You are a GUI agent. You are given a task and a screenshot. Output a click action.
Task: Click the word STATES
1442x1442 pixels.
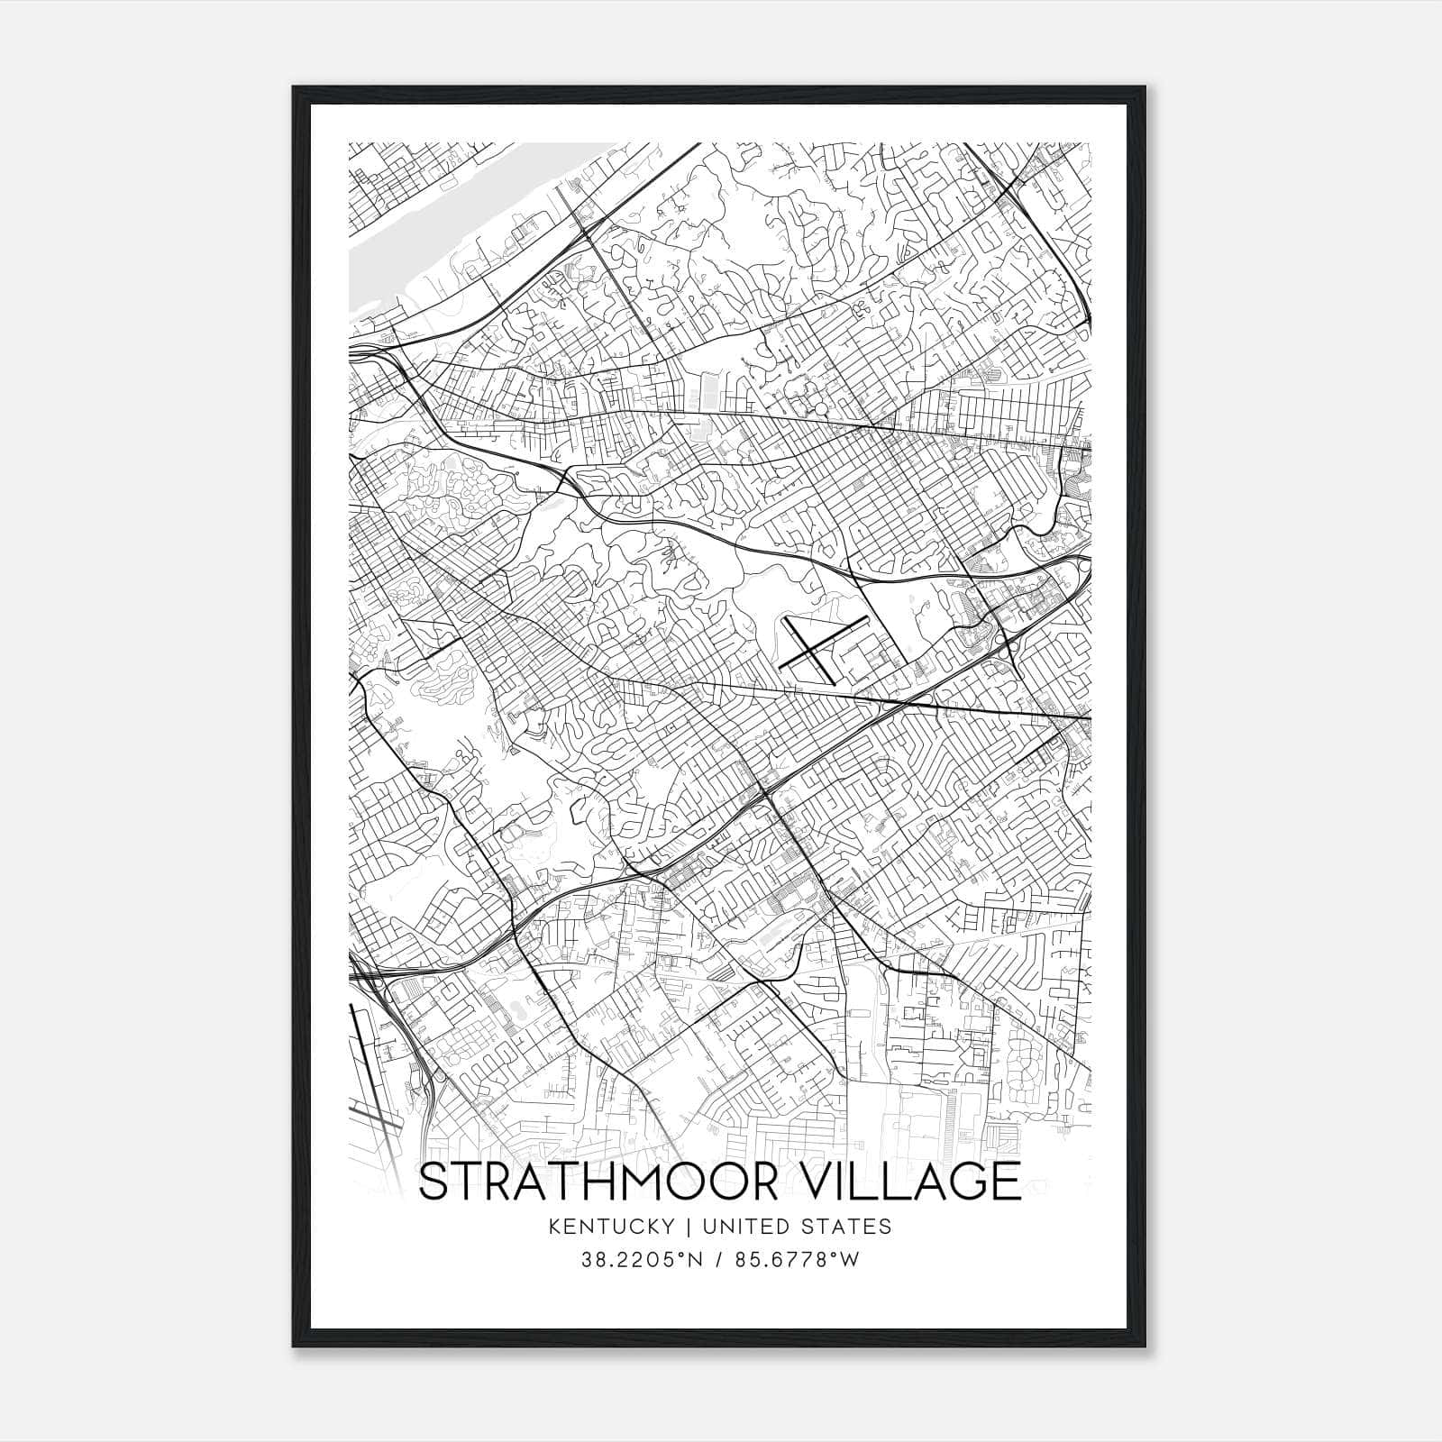point(849,1227)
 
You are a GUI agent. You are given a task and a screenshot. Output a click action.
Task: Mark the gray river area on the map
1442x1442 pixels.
point(397,234)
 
